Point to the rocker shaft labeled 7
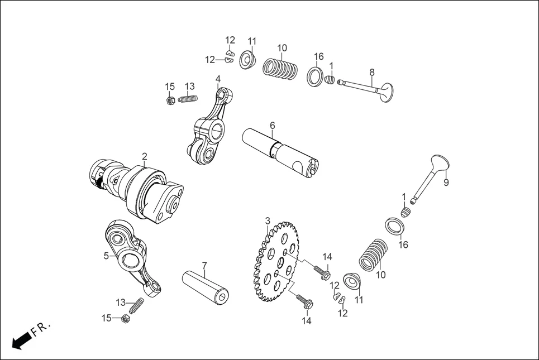pos(206,285)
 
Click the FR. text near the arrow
pos(41,328)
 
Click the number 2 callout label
pos(144,156)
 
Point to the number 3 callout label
pos(268,221)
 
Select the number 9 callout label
pos(446,182)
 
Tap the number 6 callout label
pos(272,126)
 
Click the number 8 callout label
pos(372,72)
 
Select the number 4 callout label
pos(218,79)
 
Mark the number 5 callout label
pos(106,256)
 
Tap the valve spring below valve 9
pos(373,255)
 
